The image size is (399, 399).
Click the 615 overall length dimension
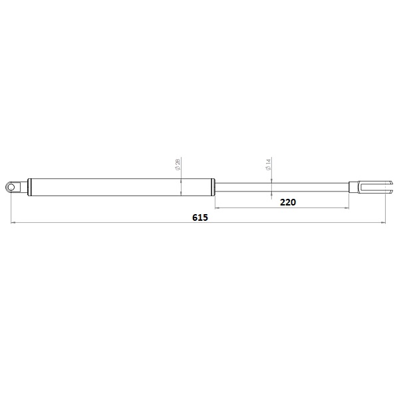click(x=200, y=217)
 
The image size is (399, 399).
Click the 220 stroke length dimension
click(x=287, y=201)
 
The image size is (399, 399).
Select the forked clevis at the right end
click(x=368, y=187)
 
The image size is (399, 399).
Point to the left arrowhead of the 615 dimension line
click(x=14, y=223)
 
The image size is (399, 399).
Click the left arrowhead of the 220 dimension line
click(x=217, y=207)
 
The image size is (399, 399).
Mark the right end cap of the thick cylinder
click(x=211, y=187)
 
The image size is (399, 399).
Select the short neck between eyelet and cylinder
click(x=22, y=187)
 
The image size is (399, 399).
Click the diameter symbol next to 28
click(x=179, y=170)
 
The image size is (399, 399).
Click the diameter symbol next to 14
click(x=269, y=171)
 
